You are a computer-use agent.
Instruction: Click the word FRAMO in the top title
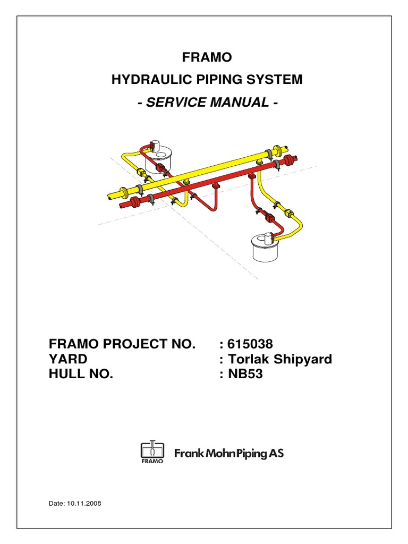point(203,57)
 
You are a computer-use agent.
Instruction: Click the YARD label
point(69,359)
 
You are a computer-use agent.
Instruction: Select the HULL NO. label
point(81,375)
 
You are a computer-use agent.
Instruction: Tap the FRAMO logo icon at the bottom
point(152,453)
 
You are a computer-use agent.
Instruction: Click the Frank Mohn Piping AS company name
point(229,453)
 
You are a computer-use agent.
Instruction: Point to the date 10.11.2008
point(83,503)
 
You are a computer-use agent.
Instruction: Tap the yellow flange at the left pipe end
point(124,191)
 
